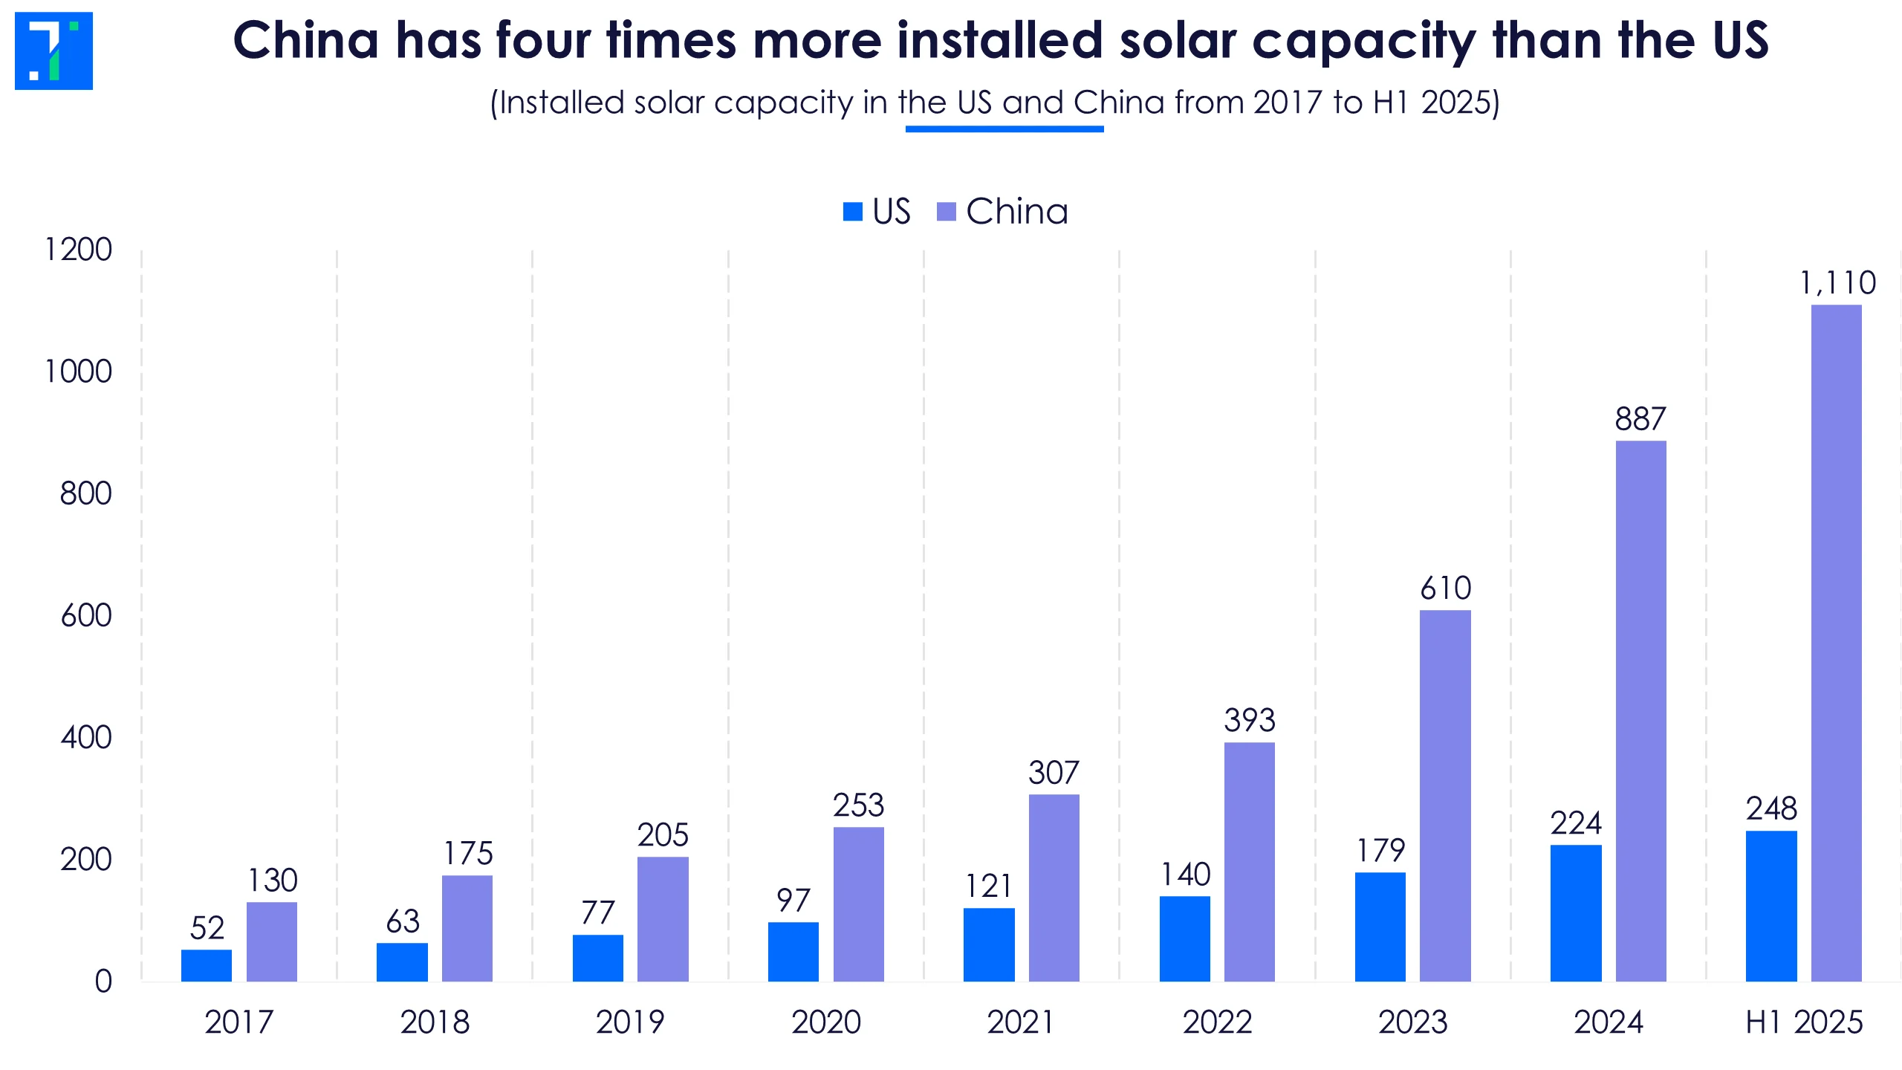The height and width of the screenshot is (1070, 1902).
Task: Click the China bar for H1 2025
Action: [x=1836, y=643]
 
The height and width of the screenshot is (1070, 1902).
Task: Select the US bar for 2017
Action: [x=207, y=965]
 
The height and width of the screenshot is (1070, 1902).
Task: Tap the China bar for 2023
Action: [x=1445, y=796]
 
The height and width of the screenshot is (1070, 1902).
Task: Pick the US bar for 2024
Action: [x=1576, y=913]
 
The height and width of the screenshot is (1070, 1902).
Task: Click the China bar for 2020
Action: [x=859, y=904]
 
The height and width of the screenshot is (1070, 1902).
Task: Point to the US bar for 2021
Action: [x=989, y=944]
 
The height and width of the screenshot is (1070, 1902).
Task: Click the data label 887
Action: [x=1640, y=419]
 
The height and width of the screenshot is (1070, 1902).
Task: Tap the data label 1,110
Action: [x=1837, y=283]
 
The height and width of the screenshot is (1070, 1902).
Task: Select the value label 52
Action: [x=207, y=928]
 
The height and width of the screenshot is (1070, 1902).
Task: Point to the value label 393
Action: [x=1250, y=720]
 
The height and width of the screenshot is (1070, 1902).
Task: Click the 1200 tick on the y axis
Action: [x=78, y=250]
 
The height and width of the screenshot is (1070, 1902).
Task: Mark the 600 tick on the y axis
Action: [x=86, y=615]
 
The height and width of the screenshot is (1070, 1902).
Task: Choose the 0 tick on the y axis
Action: [x=103, y=982]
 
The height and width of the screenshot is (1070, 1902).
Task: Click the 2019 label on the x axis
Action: [x=630, y=1022]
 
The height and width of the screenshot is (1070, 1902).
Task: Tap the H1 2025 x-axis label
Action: [x=1804, y=1022]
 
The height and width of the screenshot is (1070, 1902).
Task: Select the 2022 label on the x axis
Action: [x=1217, y=1022]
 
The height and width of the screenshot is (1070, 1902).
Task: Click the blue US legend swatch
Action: [x=853, y=212]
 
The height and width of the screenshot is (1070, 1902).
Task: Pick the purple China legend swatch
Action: [x=947, y=212]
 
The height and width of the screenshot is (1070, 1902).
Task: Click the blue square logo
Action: [x=53, y=51]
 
